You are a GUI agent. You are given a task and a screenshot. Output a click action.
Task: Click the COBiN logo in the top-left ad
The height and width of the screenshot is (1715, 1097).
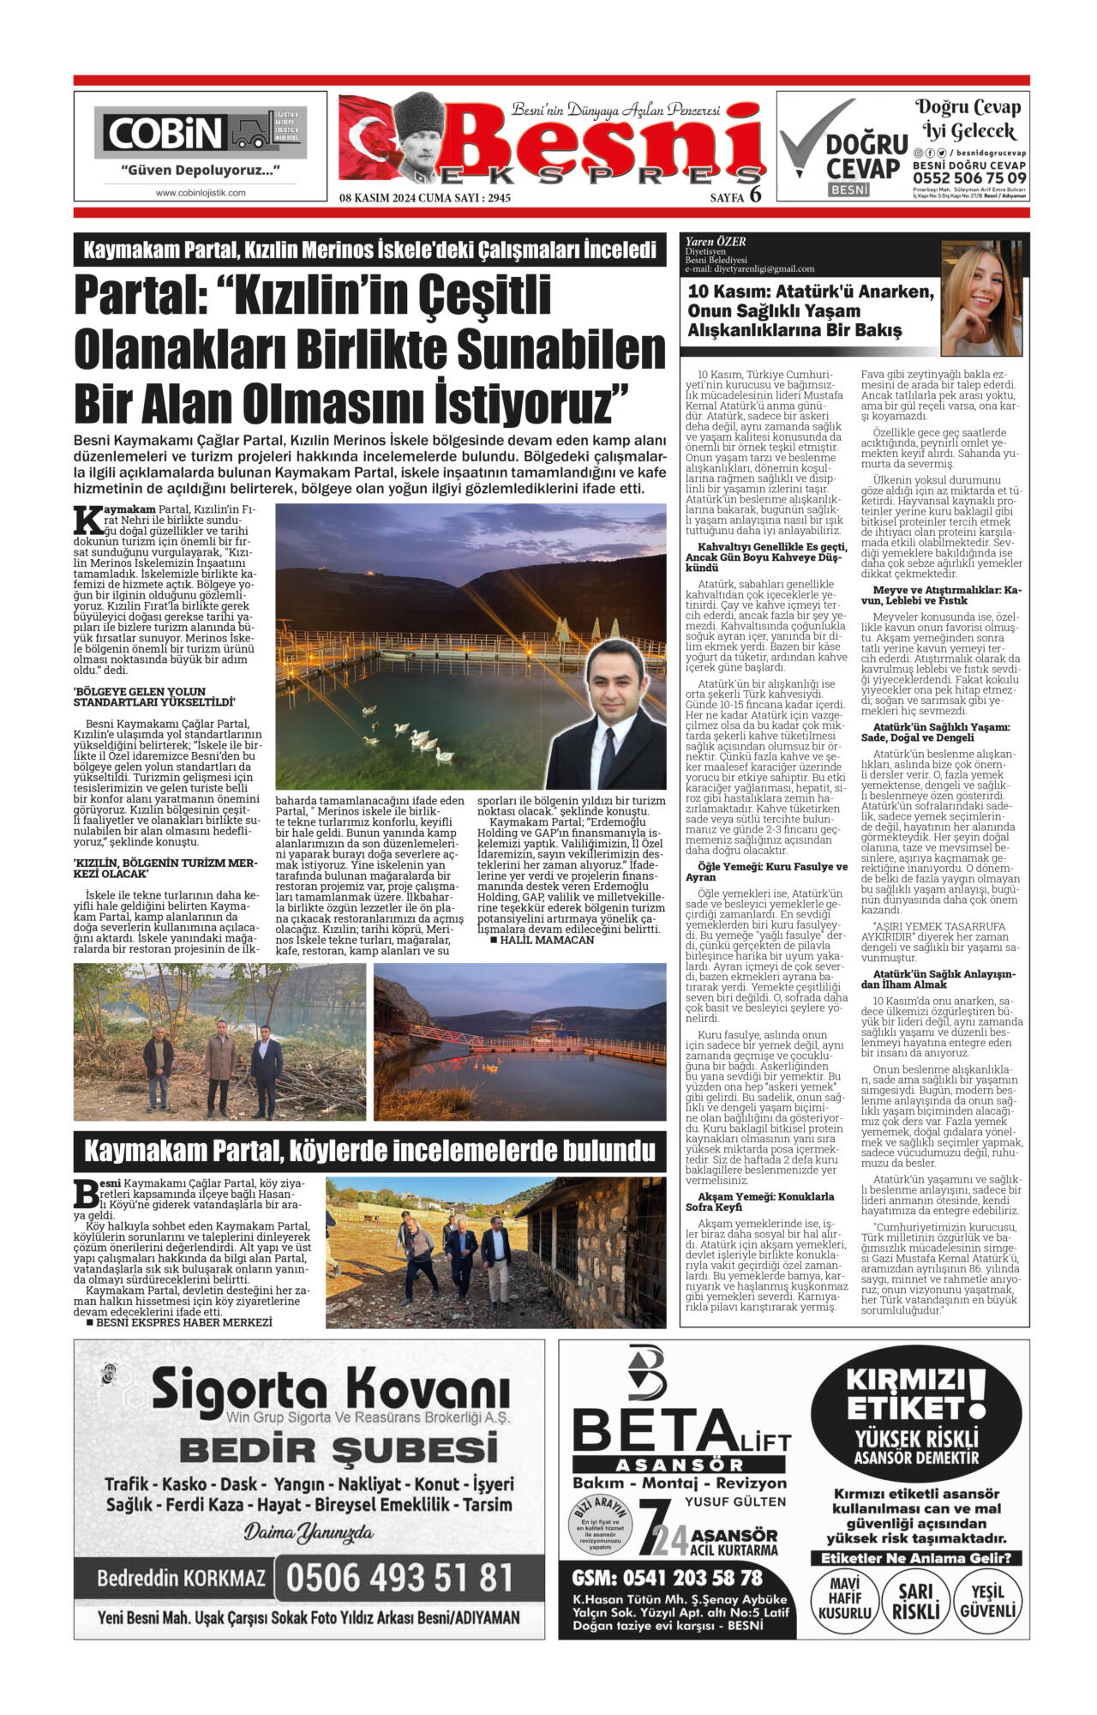click(163, 133)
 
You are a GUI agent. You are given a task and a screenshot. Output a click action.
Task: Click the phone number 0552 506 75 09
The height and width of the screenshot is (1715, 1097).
click(969, 178)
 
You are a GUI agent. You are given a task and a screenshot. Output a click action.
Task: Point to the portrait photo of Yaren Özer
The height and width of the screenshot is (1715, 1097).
click(981, 298)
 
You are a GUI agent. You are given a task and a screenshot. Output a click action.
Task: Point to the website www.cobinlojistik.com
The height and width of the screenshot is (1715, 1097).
click(201, 193)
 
